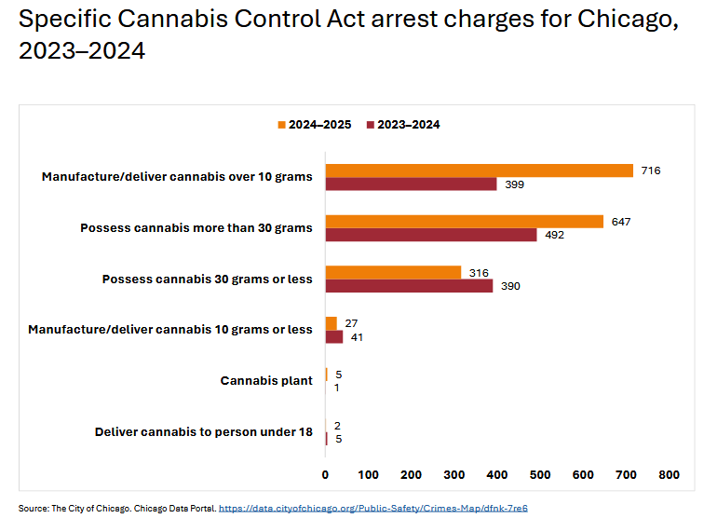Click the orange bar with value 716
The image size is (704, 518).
pos(479,170)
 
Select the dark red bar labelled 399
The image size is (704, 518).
pos(411,184)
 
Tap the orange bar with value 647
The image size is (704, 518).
pos(464,222)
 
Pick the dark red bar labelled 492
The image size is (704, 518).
pos(430,235)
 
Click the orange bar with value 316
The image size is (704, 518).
pos(393,272)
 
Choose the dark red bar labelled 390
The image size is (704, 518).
pos(409,286)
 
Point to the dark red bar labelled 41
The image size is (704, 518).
pos(333,337)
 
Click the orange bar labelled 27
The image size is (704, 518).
pos(331,323)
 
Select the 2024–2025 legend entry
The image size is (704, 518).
pos(314,125)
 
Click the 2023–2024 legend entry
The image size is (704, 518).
pos(403,125)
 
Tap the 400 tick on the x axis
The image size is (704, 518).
pos(496,475)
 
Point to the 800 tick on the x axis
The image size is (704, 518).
pos(669,475)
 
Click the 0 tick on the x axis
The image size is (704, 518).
pos(325,475)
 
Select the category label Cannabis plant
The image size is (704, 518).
pos(266,380)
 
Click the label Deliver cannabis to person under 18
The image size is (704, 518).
pos(203,431)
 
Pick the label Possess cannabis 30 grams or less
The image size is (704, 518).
pos(207,279)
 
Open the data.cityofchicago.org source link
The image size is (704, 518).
pos(373,508)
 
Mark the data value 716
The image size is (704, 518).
pos(650,170)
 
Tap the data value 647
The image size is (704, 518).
pos(621,222)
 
